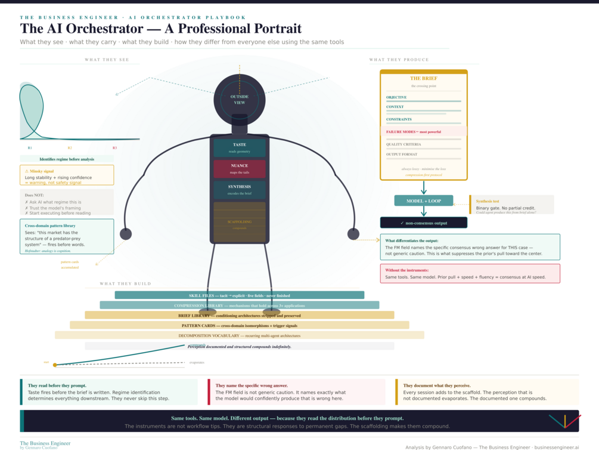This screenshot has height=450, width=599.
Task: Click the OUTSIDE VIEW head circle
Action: click(x=239, y=99)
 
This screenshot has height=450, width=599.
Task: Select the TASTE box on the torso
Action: click(x=239, y=148)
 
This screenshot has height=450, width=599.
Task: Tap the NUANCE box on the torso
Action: click(x=239, y=169)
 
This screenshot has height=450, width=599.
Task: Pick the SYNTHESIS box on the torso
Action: click(x=239, y=190)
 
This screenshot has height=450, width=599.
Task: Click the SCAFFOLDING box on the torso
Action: click(x=239, y=222)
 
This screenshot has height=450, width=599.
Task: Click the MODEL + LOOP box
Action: click(x=423, y=201)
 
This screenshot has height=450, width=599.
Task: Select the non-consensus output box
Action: click(x=423, y=223)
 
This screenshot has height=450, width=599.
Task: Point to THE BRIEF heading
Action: click(x=423, y=78)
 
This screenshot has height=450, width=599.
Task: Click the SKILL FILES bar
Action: click(x=239, y=295)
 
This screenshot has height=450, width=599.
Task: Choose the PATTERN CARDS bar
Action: click(x=239, y=325)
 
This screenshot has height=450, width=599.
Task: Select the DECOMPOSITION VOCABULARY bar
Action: click(x=239, y=335)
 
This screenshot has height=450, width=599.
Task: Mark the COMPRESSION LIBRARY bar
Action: click(x=239, y=305)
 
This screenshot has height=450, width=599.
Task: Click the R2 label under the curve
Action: click(x=70, y=147)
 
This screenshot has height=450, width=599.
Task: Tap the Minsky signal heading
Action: click(x=40, y=171)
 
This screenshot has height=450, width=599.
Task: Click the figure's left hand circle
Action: click(x=126, y=233)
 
